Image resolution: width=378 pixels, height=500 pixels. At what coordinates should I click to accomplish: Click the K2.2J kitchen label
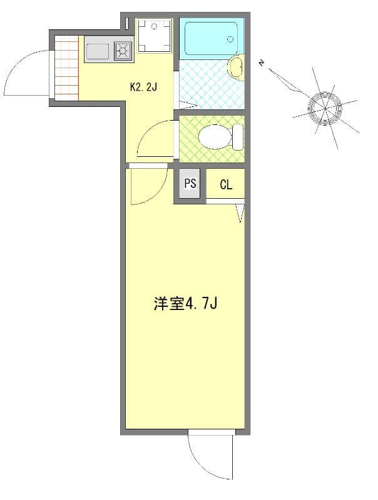(x=143, y=87)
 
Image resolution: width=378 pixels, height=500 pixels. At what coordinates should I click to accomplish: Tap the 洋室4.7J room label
(x=185, y=304)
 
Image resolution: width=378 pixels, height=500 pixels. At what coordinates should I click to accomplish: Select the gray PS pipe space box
(x=190, y=184)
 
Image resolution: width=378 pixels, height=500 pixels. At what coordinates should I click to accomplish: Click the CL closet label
(x=225, y=184)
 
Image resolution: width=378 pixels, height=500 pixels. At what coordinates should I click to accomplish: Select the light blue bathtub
(x=210, y=38)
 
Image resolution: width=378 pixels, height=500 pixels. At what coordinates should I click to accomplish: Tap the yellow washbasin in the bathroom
(x=235, y=67)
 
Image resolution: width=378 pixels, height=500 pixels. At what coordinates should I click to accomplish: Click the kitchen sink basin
(x=98, y=50)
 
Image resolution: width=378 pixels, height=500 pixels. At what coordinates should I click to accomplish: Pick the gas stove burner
(x=123, y=50)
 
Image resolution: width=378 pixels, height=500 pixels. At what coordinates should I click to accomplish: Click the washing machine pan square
(x=153, y=36)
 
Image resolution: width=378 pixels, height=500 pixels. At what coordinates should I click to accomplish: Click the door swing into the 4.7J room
(x=146, y=186)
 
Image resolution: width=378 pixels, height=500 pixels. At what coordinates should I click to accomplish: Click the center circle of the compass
(x=325, y=108)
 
